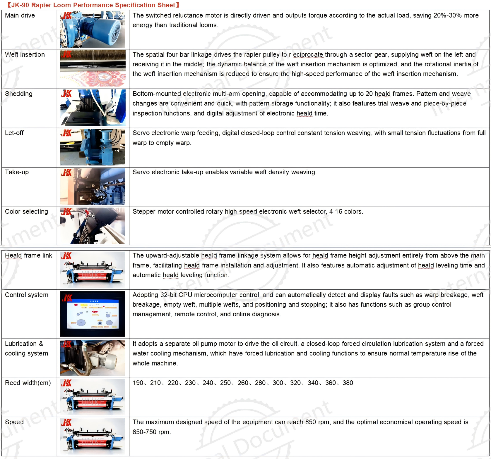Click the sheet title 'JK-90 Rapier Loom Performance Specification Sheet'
click(x=93, y=5)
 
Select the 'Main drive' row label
click(x=20, y=15)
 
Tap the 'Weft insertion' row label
click(x=25, y=55)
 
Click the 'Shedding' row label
click(x=19, y=94)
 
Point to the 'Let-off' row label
click(x=14, y=133)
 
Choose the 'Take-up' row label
click(x=17, y=172)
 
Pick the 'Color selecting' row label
click(x=27, y=212)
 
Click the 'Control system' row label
click(x=27, y=295)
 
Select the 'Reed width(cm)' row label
click(x=28, y=383)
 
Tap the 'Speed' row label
click(x=14, y=422)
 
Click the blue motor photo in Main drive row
click(x=93, y=30)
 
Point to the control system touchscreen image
click(x=93, y=314)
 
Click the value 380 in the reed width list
click(x=348, y=383)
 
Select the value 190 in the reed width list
click(x=138, y=383)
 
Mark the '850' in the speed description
click(x=311, y=422)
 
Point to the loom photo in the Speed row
click(x=93, y=436)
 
